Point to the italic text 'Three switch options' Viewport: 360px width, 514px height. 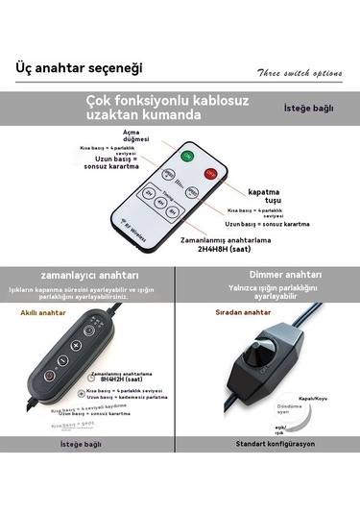pyautogui.click(x=298, y=73)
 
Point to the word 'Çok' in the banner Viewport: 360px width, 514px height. pyautogui.click(x=99, y=100)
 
